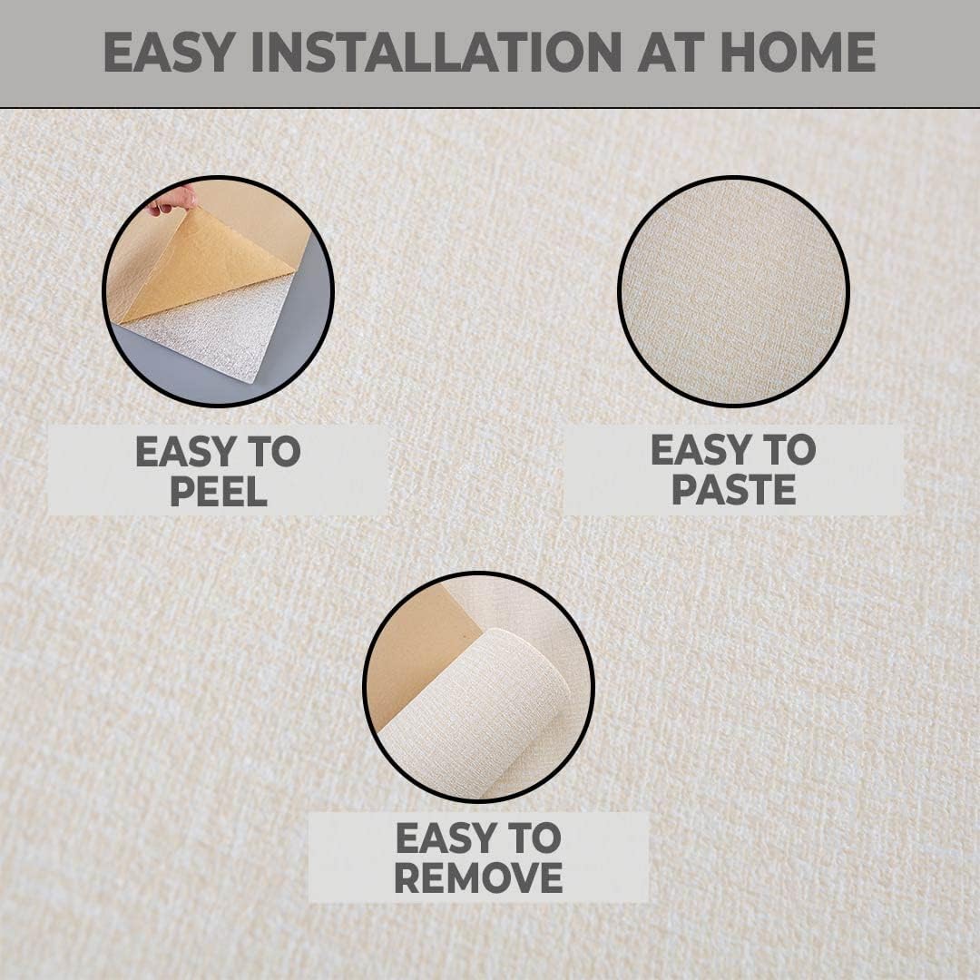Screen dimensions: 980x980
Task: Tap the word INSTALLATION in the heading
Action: (435, 52)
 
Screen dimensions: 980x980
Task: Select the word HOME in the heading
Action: (798, 52)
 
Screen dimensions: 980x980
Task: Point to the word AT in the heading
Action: (669, 52)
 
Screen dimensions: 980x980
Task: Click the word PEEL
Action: (218, 491)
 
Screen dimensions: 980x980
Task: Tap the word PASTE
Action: (733, 489)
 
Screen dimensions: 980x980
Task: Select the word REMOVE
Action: (478, 877)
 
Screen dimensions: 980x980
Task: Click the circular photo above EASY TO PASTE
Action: (733, 290)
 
